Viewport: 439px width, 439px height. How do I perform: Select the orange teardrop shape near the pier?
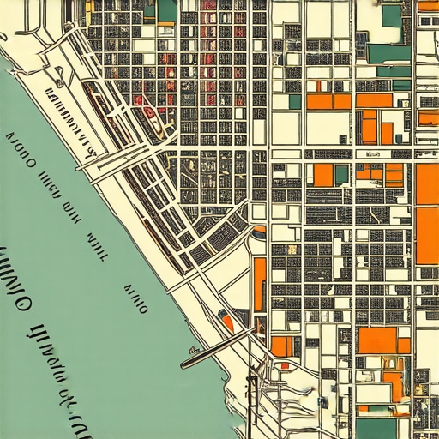point(228,322)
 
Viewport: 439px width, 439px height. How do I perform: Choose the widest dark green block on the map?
point(390,53)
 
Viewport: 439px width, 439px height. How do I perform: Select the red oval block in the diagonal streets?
point(153,112)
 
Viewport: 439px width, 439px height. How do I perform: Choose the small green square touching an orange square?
point(342,175)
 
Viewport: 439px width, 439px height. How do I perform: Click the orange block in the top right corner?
point(428,5)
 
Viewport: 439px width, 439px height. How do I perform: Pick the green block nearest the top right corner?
point(392,15)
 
